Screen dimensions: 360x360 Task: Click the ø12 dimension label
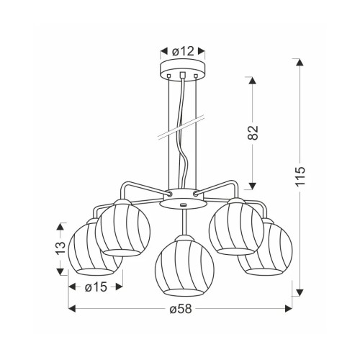[183, 51]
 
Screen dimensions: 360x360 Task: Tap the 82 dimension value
[253, 132]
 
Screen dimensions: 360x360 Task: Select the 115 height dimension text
[300, 176]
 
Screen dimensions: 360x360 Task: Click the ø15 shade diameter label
[96, 287]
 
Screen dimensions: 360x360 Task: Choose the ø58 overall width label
[181, 309]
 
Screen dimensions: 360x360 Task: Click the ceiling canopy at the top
[183, 69]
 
